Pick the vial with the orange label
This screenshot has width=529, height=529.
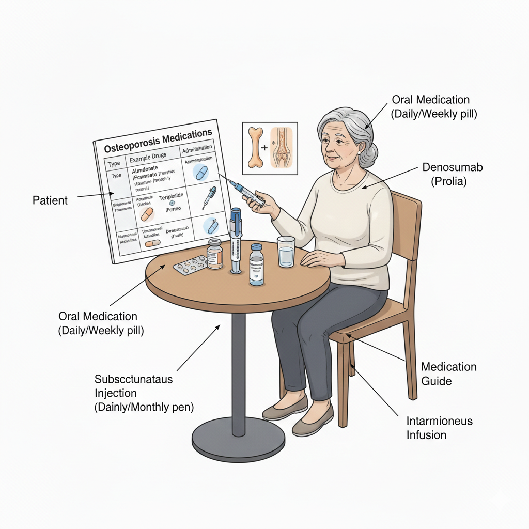pyautogui.click(x=214, y=254)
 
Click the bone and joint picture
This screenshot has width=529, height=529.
pyautogui.click(x=270, y=145)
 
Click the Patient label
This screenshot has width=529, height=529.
pyautogui.click(x=50, y=200)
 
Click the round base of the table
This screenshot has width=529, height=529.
pyautogui.click(x=238, y=440)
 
